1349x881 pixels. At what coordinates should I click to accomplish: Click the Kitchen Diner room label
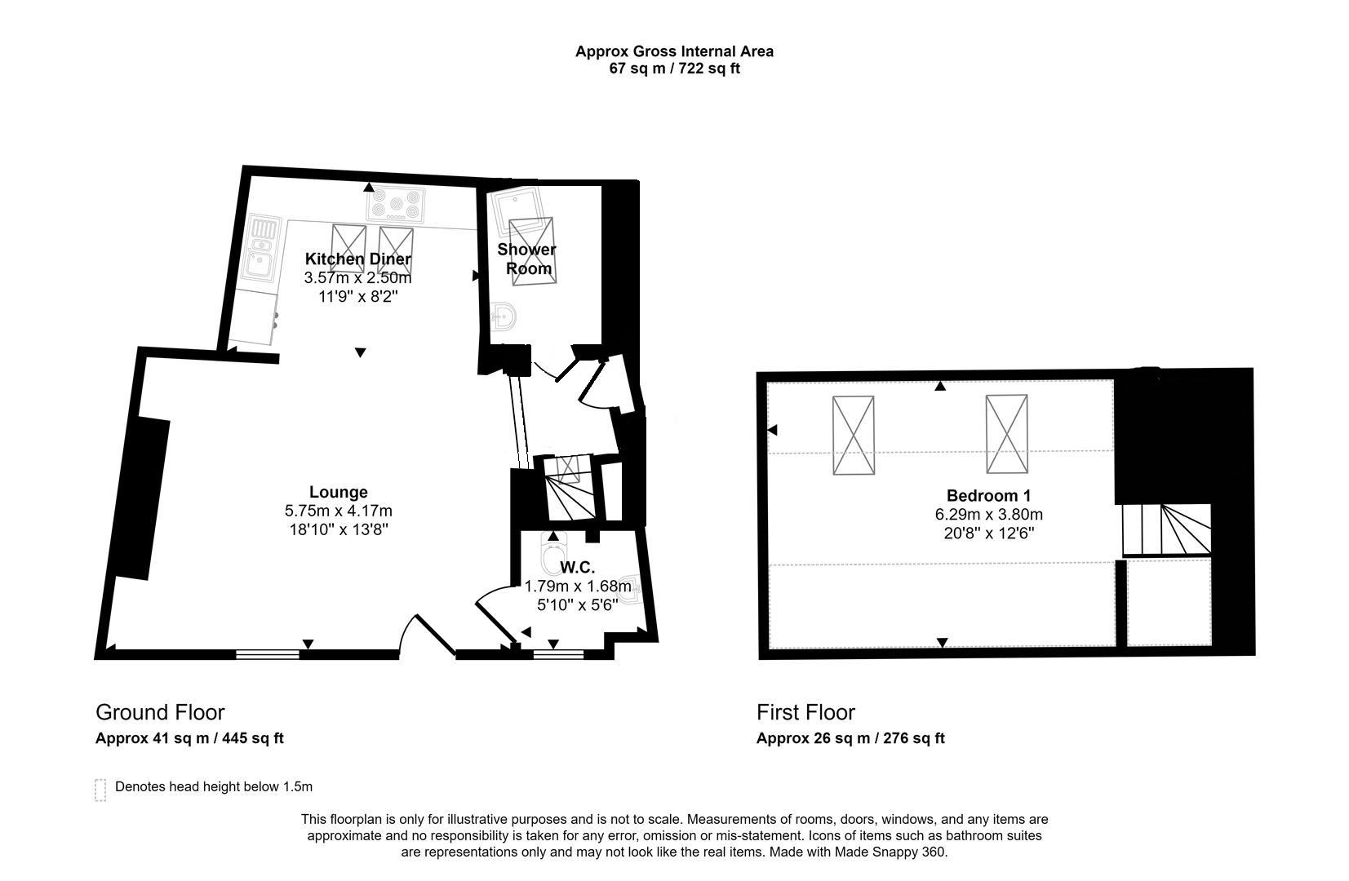[x=357, y=259]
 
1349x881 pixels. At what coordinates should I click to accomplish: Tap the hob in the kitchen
[x=396, y=205]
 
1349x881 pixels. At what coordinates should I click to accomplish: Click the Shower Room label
[x=526, y=259]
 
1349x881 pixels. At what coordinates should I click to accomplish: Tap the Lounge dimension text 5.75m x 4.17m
[x=338, y=511]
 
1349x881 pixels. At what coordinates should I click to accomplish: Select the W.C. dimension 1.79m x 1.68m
[x=577, y=586]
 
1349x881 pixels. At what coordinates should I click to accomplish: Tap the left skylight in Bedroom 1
[x=853, y=435]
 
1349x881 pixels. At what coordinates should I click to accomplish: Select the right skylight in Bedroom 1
[x=1006, y=433]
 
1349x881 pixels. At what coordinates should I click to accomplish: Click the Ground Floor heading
[x=160, y=712]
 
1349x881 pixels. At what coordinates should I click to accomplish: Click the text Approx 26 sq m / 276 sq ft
[x=850, y=738]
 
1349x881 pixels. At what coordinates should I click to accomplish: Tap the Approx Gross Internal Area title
[x=674, y=51]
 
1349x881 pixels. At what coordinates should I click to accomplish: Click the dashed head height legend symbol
[x=100, y=790]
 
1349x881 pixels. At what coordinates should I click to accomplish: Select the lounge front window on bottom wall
[x=268, y=653]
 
